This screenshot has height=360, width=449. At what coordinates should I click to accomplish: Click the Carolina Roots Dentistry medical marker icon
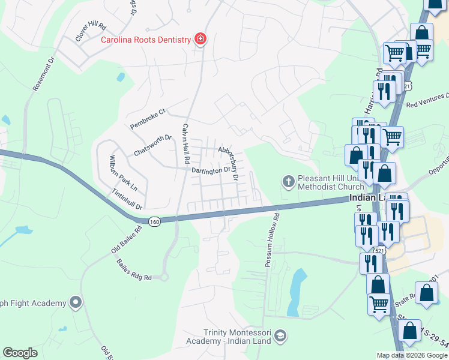tap(200, 40)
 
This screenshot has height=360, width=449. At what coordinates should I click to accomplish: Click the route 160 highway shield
tap(155, 222)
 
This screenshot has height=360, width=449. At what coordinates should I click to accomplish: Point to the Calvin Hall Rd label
tap(186, 143)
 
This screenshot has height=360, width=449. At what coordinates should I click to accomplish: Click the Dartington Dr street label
tap(211, 170)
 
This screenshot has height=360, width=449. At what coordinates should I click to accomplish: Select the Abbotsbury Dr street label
tap(229, 163)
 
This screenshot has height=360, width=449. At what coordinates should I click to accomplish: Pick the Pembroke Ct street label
tap(148, 119)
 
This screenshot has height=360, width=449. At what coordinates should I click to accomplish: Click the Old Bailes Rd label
tap(127, 238)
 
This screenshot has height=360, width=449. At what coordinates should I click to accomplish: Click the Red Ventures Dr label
tap(427, 101)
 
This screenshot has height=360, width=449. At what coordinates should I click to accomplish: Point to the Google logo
tap(20, 353)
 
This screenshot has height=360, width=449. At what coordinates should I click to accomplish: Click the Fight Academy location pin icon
tap(76, 302)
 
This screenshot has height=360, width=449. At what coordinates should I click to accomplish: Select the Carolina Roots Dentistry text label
tap(145, 40)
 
